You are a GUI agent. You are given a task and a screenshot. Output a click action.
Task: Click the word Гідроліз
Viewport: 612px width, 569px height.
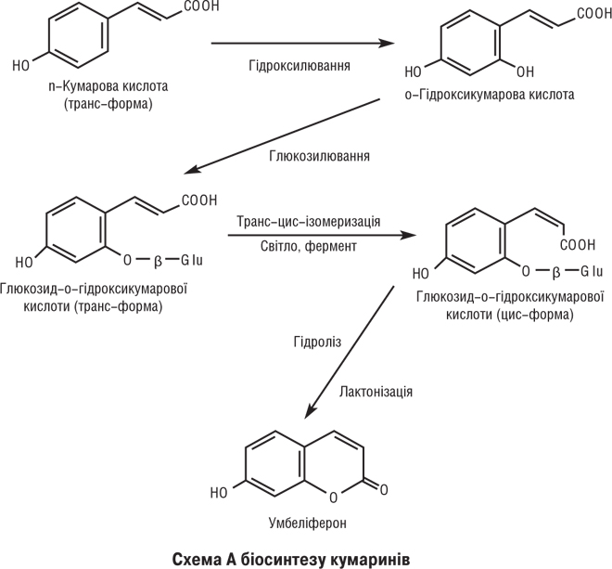click(316, 343)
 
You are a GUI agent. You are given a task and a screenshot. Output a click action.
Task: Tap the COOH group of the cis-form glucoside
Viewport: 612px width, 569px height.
click(579, 246)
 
